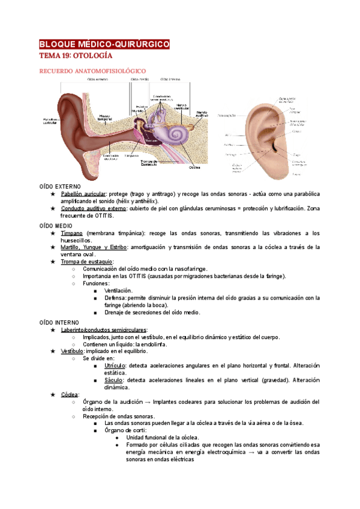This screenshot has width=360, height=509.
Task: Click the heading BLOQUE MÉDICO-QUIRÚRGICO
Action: click(104, 44)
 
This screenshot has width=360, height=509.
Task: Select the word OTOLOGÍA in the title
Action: click(92, 56)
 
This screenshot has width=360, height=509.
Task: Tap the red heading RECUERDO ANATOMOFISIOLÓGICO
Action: click(92, 71)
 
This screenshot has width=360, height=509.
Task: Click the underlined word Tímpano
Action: click(71, 233)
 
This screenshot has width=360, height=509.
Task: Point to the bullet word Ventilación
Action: click(118, 291)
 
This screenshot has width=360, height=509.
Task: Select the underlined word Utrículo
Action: click(115, 366)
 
